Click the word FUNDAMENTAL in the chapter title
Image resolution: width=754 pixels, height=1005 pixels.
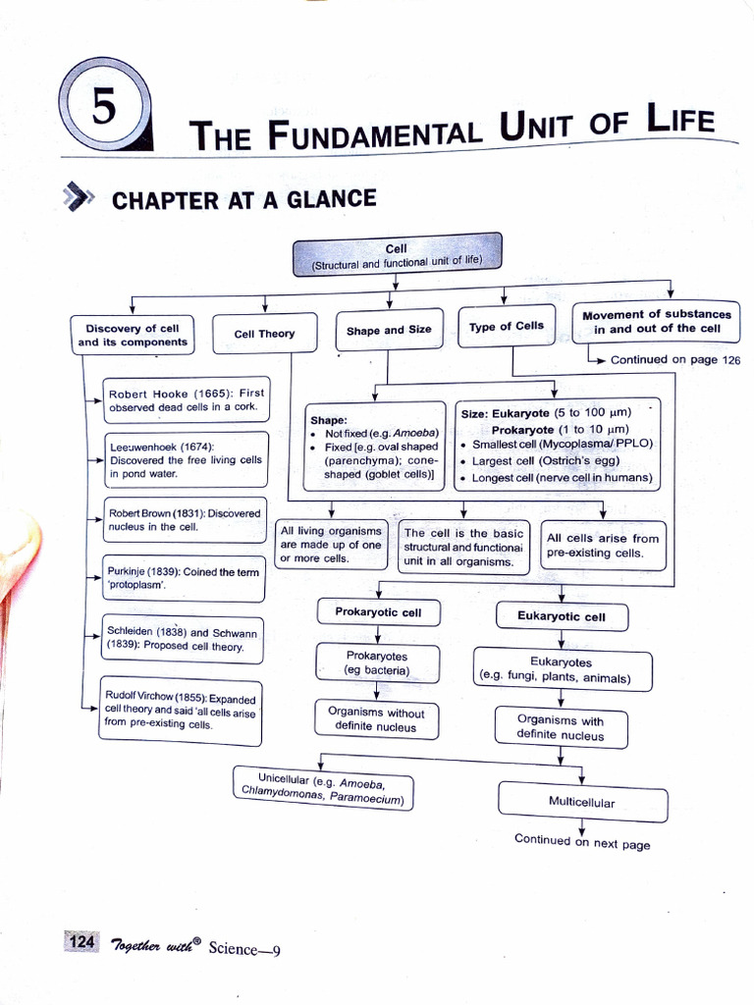click(359, 132)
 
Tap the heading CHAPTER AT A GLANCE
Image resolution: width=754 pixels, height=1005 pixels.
click(244, 200)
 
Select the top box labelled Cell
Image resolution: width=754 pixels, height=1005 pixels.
click(397, 255)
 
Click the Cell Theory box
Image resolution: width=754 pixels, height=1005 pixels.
click(264, 334)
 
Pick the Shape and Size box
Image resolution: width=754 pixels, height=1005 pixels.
click(389, 330)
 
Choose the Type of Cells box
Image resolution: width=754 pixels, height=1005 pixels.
click(506, 326)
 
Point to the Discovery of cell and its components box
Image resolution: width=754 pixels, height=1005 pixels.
click(133, 335)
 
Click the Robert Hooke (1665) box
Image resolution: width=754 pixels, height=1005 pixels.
click(187, 399)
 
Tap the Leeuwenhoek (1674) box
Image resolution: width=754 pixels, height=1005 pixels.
click(187, 459)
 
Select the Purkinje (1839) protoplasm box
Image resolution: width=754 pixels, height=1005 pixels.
click(185, 578)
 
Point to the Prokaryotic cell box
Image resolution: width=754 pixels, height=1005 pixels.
click(378, 612)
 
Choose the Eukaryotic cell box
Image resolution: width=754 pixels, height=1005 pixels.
click(562, 617)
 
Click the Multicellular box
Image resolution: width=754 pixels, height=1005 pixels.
click(582, 802)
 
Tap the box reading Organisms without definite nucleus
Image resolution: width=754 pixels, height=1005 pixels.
click(376, 720)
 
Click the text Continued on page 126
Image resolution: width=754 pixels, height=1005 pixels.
click(675, 359)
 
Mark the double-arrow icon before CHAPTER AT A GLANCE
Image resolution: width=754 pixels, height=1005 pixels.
click(79, 198)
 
